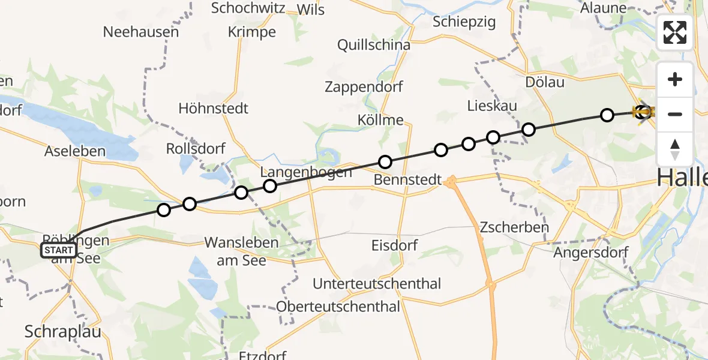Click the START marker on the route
59,250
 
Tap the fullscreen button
675,32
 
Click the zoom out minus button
675,114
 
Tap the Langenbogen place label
306,172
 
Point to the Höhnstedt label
213,109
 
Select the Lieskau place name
492,106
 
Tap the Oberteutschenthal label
338,307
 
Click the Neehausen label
141,32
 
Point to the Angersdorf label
590,252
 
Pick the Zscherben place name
514,227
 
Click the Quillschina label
374,45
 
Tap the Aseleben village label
75,152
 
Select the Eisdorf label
394,245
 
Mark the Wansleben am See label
242,251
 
